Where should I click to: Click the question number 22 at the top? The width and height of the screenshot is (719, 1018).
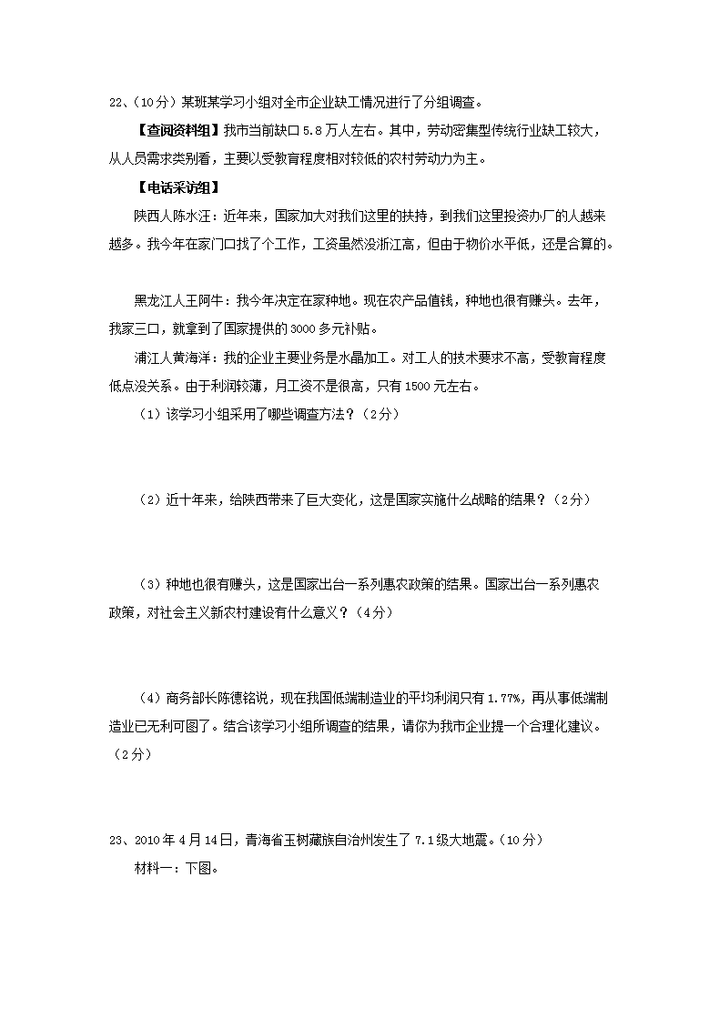[116, 101]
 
